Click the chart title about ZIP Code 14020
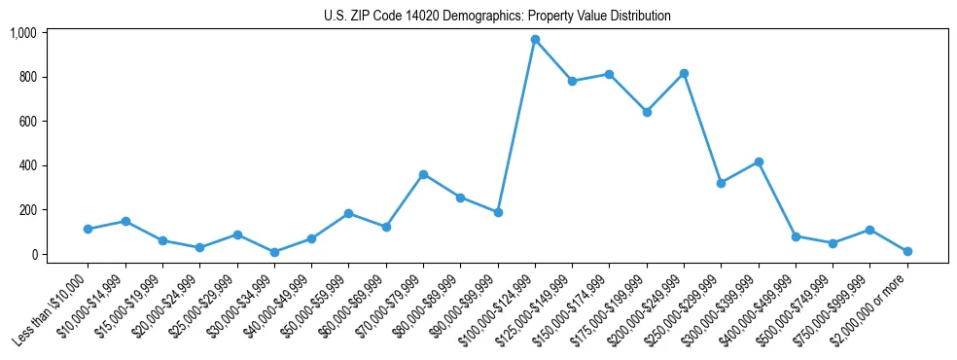coord(497,16)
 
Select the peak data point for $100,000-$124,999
coord(535,39)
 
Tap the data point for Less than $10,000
coord(88,229)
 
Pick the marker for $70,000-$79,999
coord(423,174)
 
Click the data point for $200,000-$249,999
coord(684,73)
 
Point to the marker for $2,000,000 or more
coord(907,251)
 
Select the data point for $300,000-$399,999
coord(759,162)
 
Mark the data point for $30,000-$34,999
coord(274,252)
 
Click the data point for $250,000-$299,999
coord(721,183)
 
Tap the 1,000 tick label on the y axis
coord(22,33)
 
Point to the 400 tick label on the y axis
coord(26,165)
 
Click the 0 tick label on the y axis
coord(33,254)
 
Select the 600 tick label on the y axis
coord(26,122)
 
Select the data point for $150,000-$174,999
coord(609,74)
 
